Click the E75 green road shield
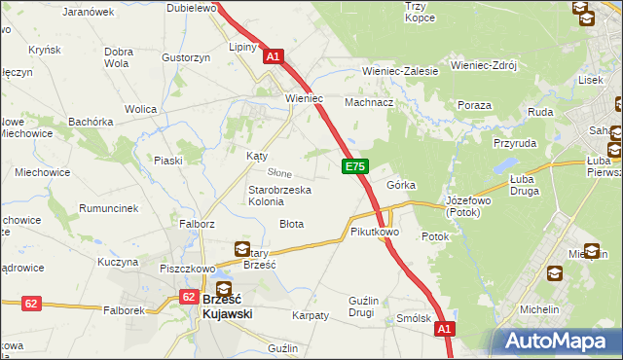pos(355,167)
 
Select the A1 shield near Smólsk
pos(444,330)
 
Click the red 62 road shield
pos(31,304)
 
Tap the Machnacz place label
pos(369,102)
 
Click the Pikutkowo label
pos(375,233)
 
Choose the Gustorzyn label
pos(187,57)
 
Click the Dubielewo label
pos(190,7)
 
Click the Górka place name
pos(401,184)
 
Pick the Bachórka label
pos(92,122)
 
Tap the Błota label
pos(291,224)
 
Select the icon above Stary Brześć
pos(241,249)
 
